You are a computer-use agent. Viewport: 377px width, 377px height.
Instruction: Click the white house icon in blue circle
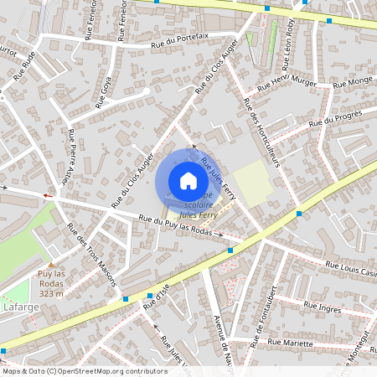(188, 181)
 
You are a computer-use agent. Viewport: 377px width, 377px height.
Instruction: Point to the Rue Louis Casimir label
(351, 270)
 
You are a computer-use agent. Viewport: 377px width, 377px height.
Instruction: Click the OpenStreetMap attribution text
(84, 371)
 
